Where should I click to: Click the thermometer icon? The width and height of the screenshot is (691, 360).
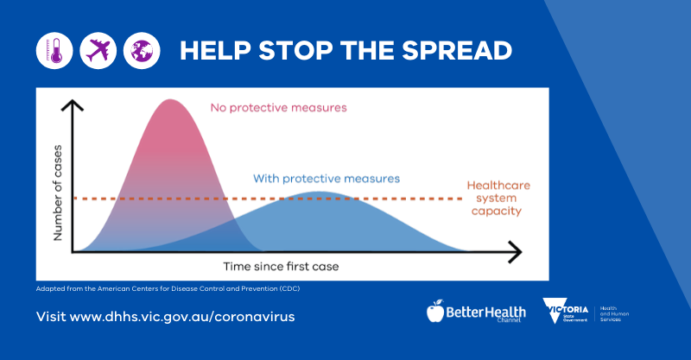[54, 51]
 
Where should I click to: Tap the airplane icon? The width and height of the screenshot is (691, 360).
[97, 51]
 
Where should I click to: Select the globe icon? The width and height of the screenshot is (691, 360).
[141, 51]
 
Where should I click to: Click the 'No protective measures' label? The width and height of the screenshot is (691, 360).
[278, 109]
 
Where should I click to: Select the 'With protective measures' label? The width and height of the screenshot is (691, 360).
[326, 179]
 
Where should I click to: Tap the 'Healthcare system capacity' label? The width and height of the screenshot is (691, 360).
[498, 198]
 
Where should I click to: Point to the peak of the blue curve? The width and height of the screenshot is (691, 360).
[320, 193]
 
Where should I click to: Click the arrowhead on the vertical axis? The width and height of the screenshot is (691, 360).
[75, 105]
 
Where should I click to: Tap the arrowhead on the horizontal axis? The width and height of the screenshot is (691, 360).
[516, 253]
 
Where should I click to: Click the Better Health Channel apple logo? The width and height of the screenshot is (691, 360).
[435, 311]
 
